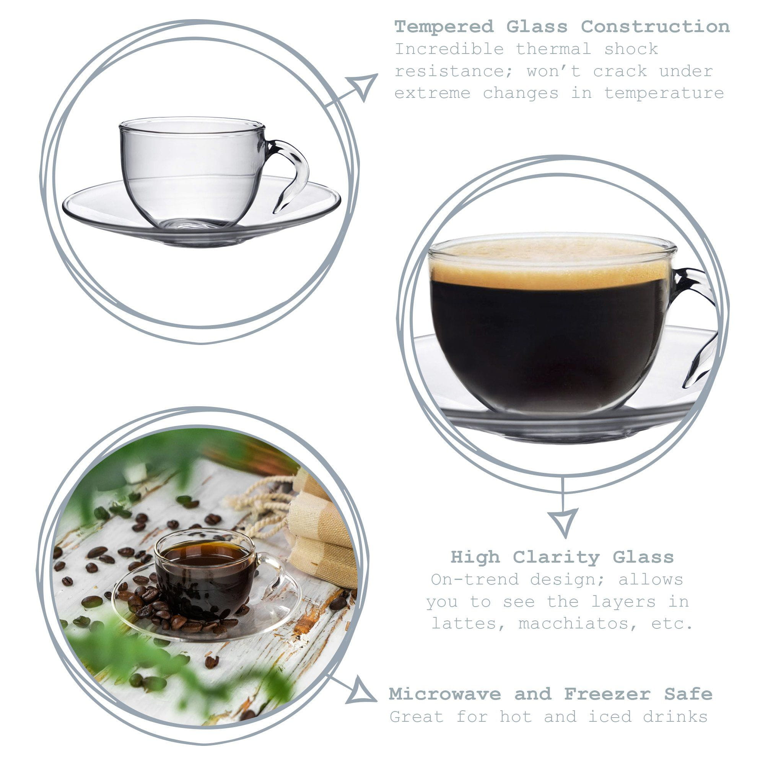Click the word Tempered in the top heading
tap(444, 27)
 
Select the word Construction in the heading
tap(655, 27)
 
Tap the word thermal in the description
tap(553, 49)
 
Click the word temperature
tap(664, 93)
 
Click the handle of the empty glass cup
tap(293, 170)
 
